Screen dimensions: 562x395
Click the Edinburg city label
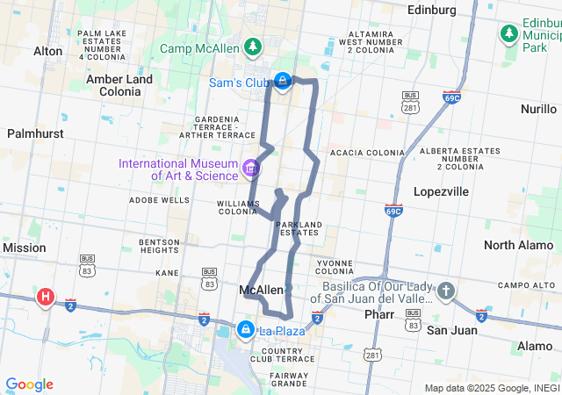[x=432, y=10]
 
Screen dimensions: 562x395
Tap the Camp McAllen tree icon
[x=253, y=46]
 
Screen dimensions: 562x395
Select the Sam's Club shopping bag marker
[x=282, y=83]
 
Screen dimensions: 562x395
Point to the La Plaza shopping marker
[x=247, y=331]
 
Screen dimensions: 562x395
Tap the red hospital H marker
[x=45, y=298]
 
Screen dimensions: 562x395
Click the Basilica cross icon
[x=446, y=291]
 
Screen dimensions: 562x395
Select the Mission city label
[x=24, y=248]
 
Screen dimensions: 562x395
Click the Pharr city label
[x=381, y=313]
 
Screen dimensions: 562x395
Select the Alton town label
[x=47, y=52]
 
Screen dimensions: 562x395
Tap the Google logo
[x=29, y=384]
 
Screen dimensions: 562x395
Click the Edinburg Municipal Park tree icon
[x=508, y=33]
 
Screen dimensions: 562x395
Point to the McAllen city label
[x=261, y=290]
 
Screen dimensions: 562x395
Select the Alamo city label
[x=535, y=347]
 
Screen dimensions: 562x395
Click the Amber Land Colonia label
[x=119, y=85]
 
